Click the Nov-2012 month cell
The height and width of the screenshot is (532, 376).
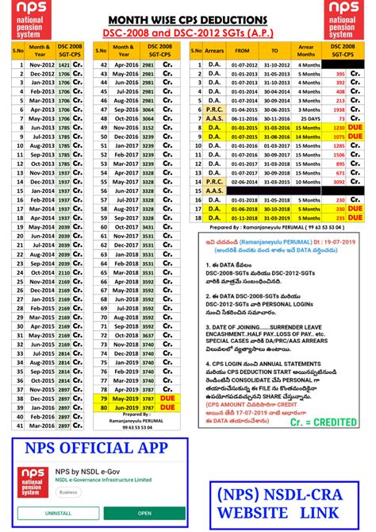42,65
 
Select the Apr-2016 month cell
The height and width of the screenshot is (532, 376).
126,65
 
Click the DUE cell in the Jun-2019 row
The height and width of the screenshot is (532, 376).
167,407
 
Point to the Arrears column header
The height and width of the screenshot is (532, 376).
213,49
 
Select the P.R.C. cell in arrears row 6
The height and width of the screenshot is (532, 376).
213,110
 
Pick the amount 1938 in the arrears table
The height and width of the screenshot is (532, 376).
338,110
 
